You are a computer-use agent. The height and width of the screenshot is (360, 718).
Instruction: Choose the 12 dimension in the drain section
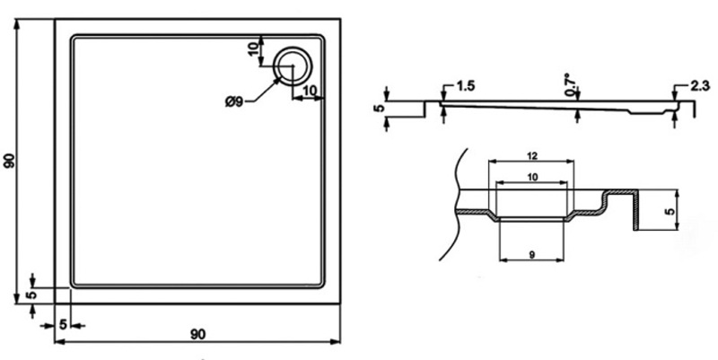point(531,154)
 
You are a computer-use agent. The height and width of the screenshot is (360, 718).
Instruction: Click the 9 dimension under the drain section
point(532,256)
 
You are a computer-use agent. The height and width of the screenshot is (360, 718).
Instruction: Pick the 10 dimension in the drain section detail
point(532,177)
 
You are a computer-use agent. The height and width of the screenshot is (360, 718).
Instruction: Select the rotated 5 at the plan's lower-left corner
point(31,294)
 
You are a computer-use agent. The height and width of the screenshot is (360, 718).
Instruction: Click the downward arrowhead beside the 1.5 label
point(444,96)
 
